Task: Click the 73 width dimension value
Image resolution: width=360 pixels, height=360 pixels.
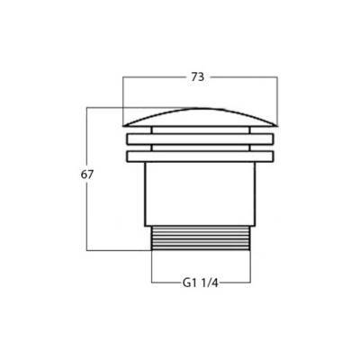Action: [198, 77]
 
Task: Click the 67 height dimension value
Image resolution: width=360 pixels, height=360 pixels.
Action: [87, 175]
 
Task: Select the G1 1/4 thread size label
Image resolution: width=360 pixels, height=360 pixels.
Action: [200, 283]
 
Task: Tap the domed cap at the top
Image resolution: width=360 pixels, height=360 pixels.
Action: [200, 117]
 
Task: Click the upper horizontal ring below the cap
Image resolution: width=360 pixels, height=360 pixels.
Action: [201, 139]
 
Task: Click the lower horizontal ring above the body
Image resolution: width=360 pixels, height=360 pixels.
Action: [201, 157]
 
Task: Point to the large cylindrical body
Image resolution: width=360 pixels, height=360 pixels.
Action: [200, 194]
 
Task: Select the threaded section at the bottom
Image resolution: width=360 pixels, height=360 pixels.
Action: [201, 238]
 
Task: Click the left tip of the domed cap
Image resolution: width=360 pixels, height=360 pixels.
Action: [122, 125]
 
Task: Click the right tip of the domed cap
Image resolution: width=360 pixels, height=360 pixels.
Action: [278, 125]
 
